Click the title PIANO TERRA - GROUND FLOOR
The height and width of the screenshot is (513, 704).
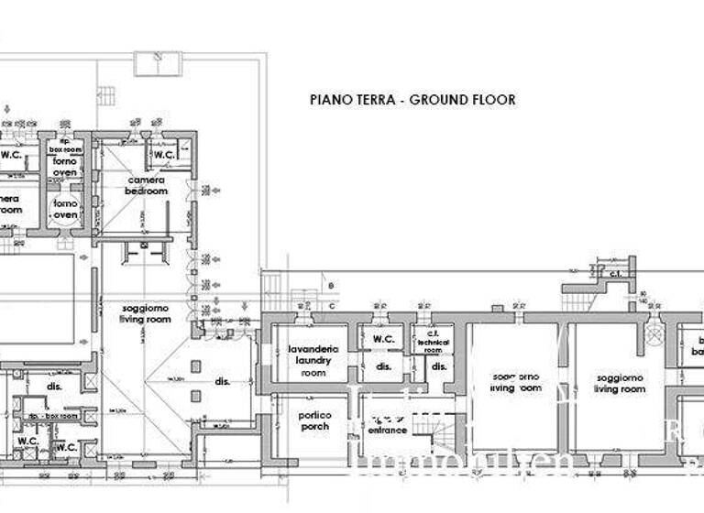pyautogui.click(x=412, y=100)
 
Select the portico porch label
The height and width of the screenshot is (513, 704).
pyautogui.click(x=313, y=420)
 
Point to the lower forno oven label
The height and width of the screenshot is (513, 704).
pyautogui.click(x=65, y=209)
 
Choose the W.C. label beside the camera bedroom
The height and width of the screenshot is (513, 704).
pyautogui.click(x=164, y=155)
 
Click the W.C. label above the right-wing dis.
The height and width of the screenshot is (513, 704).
pyautogui.click(x=383, y=340)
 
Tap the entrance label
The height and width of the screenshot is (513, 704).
pyautogui.click(x=388, y=430)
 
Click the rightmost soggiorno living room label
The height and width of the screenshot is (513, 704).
pyautogui.click(x=620, y=383)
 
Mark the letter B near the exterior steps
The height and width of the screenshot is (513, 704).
pyautogui.click(x=332, y=287)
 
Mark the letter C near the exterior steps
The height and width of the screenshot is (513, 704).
pyautogui.click(x=332, y=304)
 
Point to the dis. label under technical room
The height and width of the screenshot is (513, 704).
pyautogui.click(x=438, y=368)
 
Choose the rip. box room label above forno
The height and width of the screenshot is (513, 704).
pyautogui.click(x=65, y=146)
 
